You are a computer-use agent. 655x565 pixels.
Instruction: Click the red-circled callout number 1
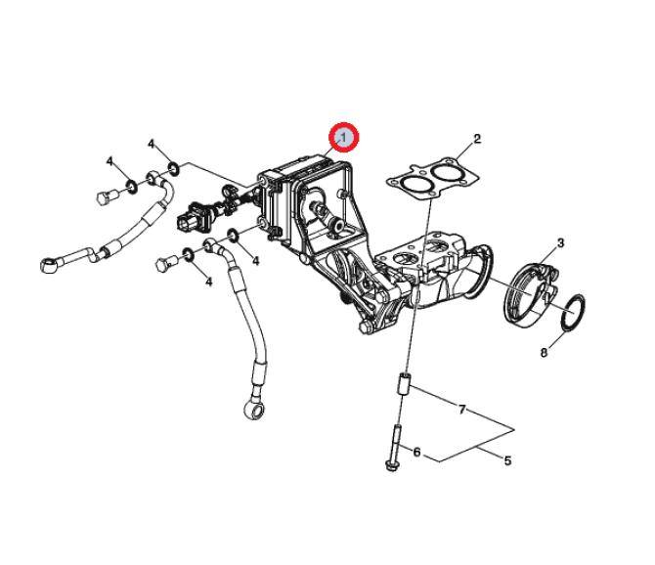click(x=343, y=137)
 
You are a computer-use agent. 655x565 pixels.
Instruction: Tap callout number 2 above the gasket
click(x=477, y=139)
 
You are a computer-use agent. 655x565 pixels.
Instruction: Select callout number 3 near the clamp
click(x=560, y=243)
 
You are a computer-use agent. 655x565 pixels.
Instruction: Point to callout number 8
click(x=544, y=353)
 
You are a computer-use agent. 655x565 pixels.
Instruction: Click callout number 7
click(x=461, y=410)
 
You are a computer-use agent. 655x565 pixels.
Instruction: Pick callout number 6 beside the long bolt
click(x=416, y=452)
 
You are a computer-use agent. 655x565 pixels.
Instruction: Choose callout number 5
click(x=507, y=461)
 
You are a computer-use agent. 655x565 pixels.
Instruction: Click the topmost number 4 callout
click(x=152, y=145)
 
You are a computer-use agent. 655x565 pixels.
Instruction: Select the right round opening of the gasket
click(x=446, y=172)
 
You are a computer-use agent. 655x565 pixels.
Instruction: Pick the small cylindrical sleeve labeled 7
click(x=404, y=384)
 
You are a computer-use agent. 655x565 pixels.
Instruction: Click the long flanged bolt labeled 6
click(x=395, y=448)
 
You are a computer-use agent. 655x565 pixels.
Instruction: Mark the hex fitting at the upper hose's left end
click(x=49, y=265)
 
